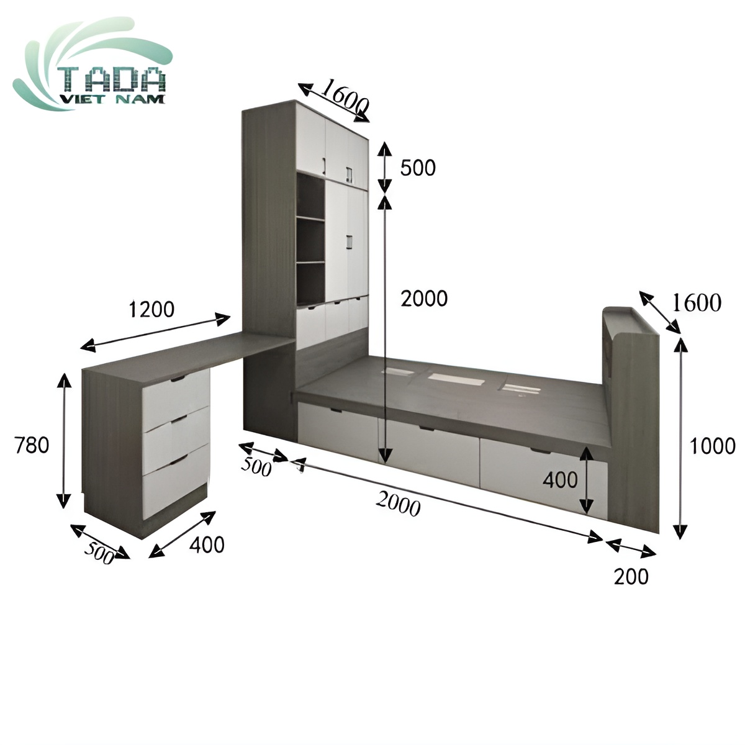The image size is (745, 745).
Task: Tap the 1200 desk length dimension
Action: point(151,309)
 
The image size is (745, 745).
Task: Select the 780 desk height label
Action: point(31,445)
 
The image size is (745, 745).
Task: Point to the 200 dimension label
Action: point(631,577)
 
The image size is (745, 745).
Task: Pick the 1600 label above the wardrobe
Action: point(345,96)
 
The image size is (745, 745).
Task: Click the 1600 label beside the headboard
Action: point(697,303)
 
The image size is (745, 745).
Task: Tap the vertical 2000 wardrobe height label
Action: point(424,299)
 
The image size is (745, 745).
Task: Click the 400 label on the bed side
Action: point(560,479)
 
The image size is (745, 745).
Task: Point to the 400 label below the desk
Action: point(207,544)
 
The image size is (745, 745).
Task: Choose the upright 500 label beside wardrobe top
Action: point(418,168)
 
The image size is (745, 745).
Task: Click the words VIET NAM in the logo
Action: point(112,99)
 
